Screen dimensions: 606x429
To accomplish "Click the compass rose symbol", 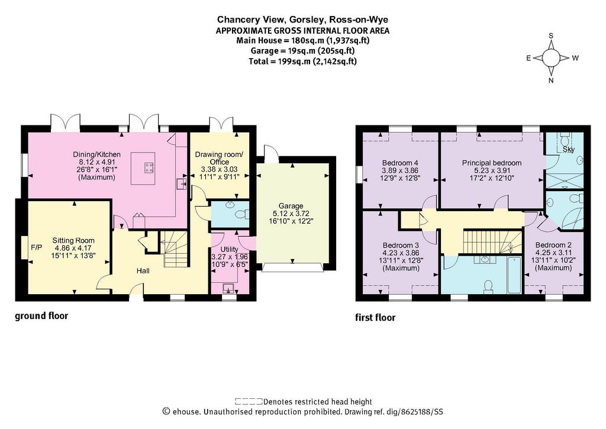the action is click(551, 58).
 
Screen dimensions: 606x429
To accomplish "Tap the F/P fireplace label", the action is click(37, 247).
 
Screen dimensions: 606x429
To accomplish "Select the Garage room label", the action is click(291, 206).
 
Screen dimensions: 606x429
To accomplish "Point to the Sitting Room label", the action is click(73, 240).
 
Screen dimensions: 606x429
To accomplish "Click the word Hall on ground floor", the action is click(143, 271).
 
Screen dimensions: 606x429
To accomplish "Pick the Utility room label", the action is click(229, 249).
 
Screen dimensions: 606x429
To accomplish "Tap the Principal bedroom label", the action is click(492, 163).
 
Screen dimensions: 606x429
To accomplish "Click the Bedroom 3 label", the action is click(401, 246).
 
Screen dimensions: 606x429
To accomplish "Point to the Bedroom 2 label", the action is click(553, 245).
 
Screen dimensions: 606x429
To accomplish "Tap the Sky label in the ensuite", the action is click(569, 149).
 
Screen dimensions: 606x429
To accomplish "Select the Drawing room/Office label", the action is click(219, 158).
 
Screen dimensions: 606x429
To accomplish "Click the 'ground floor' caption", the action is click(41, 316).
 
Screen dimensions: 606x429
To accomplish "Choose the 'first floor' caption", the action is click(375, 318).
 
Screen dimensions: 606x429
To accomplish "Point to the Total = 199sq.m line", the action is click(302, 62).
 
